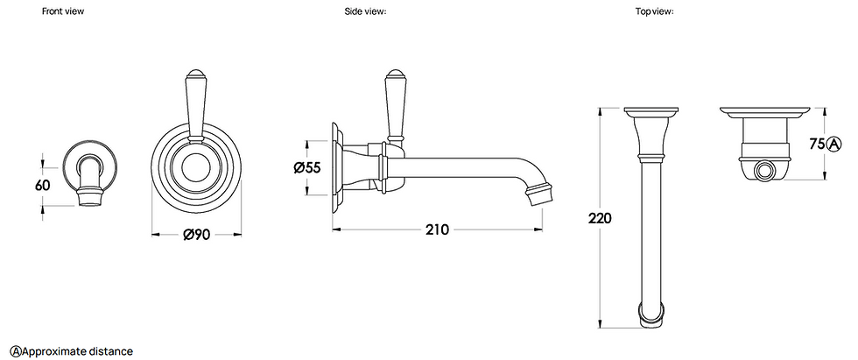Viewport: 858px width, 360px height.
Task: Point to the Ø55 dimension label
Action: (x=306, y=166)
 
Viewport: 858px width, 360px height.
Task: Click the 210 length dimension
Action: (x=437, y=229)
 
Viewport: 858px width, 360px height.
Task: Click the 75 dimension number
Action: (x=818, y=144)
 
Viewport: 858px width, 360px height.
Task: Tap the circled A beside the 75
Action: (x=833, y=144)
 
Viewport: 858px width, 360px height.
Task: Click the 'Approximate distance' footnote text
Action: (x=78, y=351)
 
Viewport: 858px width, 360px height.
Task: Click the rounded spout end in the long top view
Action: (x=652, y=314)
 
